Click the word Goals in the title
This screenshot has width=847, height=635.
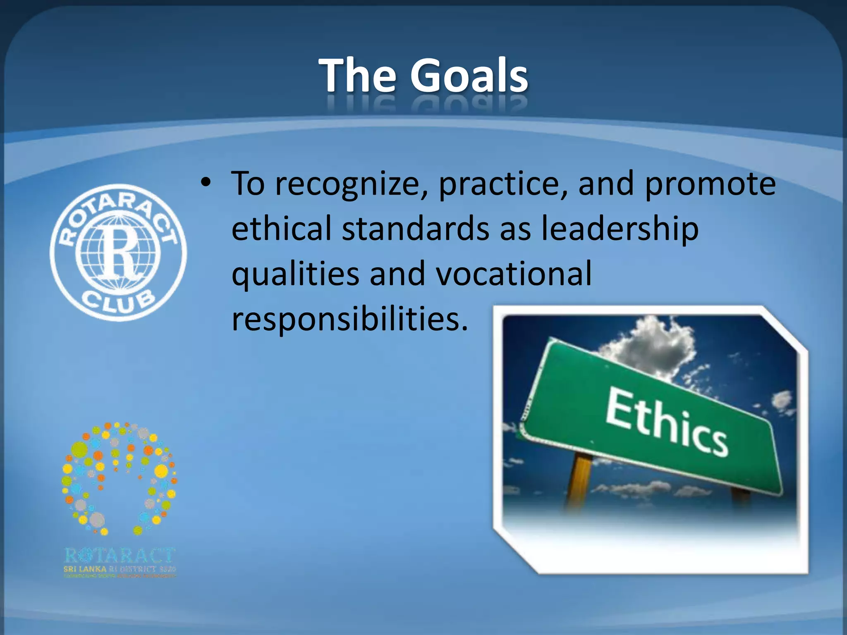tap(469, 76)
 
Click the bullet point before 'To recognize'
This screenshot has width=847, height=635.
tap(206, 182)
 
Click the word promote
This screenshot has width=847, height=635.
tap(710, 184)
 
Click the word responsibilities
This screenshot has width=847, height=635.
tap(350, 319)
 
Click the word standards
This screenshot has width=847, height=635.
tap(416, 228)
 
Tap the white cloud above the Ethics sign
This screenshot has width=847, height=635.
tap(649, 343)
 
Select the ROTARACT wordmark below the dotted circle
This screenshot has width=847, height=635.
tap(120, 556)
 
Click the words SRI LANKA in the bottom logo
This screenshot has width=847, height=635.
tap(85, 569)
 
